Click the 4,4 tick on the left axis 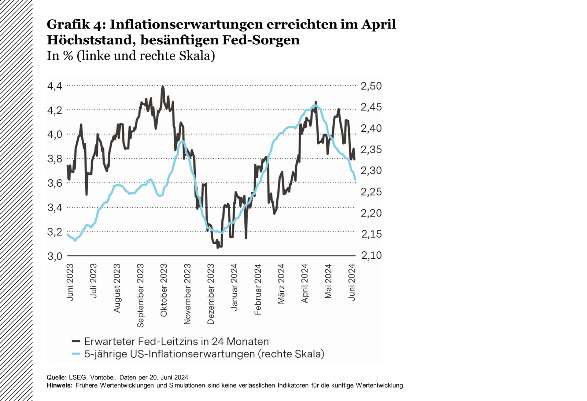[x=55, y=86]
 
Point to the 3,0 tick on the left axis [x=55, y=256]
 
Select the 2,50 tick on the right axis [x=371, y=86]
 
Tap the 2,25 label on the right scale [x=371, y=192]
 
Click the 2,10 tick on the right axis [x=371, y=255]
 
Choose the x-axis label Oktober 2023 [x=164, y=290]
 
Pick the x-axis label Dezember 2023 [x=211, y=294]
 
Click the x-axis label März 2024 [x=281, y=284]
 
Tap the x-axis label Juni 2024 [x=352, y=283]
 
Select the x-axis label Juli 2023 [x=93, y=281]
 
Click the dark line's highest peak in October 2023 [x=162, y=86]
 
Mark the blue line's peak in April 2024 [x=315, y=106]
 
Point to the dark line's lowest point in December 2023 [x=218, y=248]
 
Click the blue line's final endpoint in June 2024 [x=355, y=180]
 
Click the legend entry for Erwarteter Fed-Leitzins [x=176, y=341]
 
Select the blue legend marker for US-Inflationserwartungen [x=76, y=354]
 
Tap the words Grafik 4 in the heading [x=76, y=24]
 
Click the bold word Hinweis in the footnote [x=59, y=385]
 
